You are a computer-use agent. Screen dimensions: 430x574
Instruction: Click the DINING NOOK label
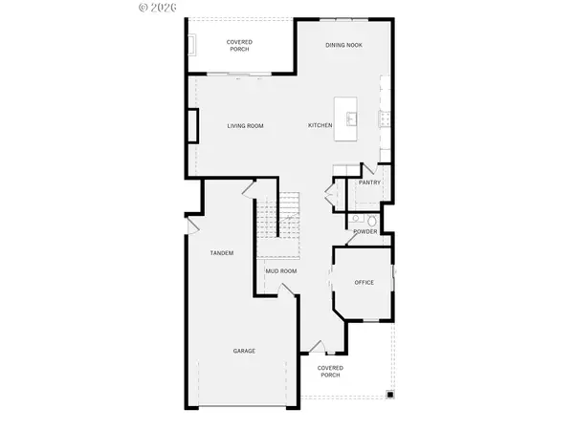(x=343, y=44)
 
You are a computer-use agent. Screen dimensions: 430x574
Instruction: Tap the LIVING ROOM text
(x=245, y=126)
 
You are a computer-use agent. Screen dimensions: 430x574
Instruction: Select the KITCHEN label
(x=320, y=126)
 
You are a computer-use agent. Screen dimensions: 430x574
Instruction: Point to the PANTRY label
(x=369, y=183)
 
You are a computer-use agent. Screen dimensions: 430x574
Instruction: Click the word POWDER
(x=364, y=231)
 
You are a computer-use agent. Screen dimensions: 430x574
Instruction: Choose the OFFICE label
(x=363, y=282)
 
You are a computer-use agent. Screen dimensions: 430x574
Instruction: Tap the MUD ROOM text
(x=281, y=270)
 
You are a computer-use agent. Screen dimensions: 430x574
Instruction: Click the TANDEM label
(x=222, y=252)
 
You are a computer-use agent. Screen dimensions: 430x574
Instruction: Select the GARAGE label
(x=244, y=351)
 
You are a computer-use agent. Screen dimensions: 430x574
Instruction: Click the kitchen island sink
(x=352, y=118)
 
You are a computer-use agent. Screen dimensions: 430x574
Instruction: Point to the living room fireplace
(x=193, y=126)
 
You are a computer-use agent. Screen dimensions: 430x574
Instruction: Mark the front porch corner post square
(x=389, y=394)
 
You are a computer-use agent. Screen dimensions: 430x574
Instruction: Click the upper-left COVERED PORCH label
(x=239, y=46)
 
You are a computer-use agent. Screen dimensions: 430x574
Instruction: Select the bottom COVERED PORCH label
(x=330, y=371)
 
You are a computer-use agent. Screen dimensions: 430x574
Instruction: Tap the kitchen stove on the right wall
(x=383, y=118)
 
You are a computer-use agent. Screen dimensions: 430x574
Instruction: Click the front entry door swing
(x=316, y=346)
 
